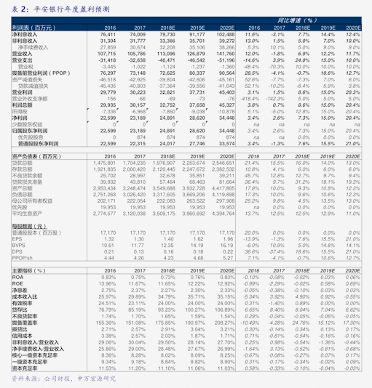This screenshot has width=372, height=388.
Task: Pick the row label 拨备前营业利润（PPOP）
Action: (x=40, y=73)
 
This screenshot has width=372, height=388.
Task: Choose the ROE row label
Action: (x=17, y=283)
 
